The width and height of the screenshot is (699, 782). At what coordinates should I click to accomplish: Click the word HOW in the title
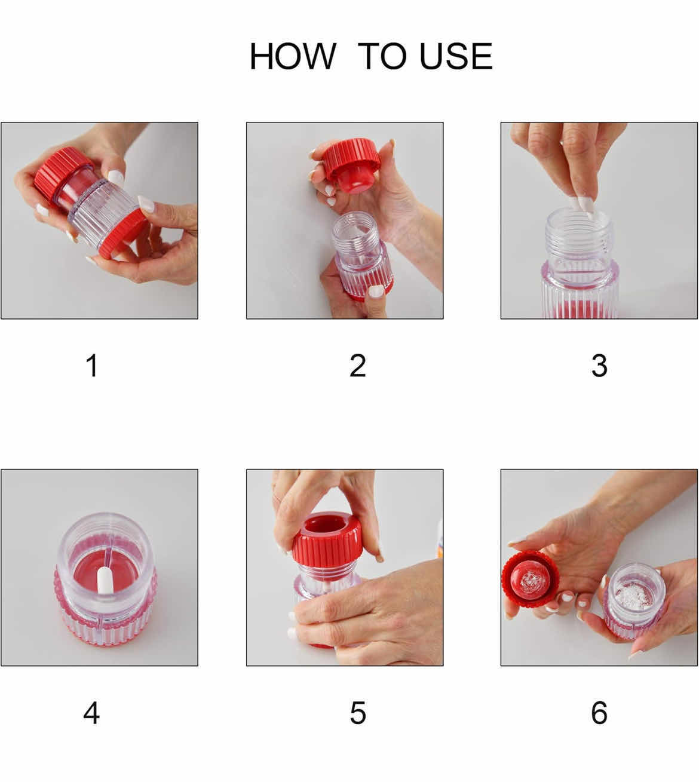292,56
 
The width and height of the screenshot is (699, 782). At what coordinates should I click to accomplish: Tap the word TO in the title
382,56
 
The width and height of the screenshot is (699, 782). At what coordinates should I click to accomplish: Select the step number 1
91,365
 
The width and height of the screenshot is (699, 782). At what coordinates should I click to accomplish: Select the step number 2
357,365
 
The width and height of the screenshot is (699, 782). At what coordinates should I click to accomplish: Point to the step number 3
599,365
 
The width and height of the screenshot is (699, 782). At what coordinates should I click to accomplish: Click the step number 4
91,713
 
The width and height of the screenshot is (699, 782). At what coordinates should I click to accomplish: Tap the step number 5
357,713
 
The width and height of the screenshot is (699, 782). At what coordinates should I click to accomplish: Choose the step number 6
599,713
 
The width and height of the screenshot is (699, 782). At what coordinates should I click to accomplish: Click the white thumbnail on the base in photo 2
376,291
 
